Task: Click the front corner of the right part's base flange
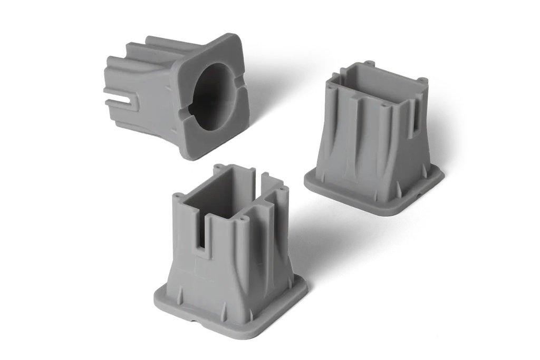point(393,212)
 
